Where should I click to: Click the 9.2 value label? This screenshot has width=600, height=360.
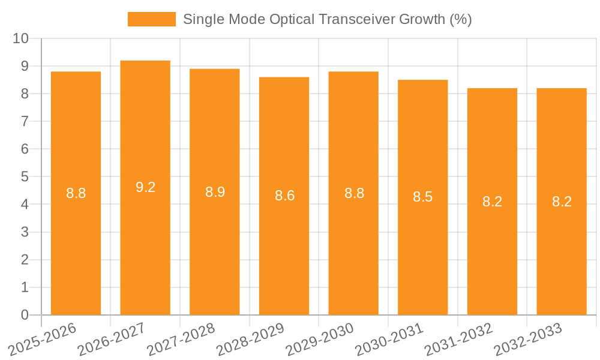(145, 187)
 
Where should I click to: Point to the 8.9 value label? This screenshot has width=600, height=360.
(215, 192)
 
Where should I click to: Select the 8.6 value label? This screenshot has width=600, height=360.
(284, 196)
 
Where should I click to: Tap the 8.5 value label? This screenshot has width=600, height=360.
(422, 197)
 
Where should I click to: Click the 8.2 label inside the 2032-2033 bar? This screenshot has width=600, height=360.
(562, 202)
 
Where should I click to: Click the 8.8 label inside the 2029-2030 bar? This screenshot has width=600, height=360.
(354, 193)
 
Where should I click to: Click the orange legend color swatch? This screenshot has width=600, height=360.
(152, 19)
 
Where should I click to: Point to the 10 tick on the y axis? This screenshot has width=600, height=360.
(21, 38)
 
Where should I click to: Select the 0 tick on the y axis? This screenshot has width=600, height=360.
(25, 315)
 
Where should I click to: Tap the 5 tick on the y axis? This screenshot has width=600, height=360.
(25, 177)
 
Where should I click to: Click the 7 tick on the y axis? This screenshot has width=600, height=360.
(25, 121)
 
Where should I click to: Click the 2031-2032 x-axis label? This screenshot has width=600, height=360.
(458, 340)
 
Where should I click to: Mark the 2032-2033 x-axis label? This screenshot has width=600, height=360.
(528, 340)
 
